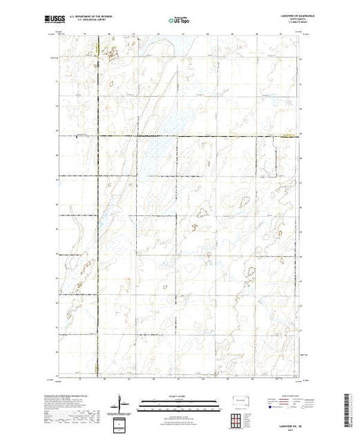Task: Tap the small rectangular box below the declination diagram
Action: (x=121, y=423)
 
